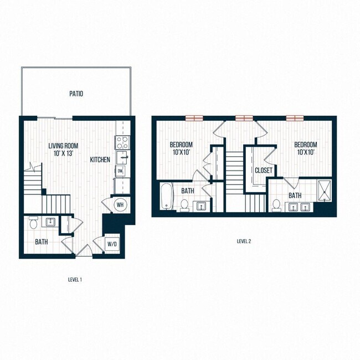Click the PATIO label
click(76, 94)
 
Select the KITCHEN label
click(100, 160)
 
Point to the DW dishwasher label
click(121, 172)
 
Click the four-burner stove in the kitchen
click(122, 142)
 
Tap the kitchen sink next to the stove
click(122, 157)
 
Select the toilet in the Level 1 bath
click(33, 223)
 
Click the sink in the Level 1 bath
click(50, 222)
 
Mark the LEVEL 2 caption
click(244, 241)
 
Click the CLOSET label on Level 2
click(263, 171)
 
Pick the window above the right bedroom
click(295, 117)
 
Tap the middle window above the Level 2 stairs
click(244, 117)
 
